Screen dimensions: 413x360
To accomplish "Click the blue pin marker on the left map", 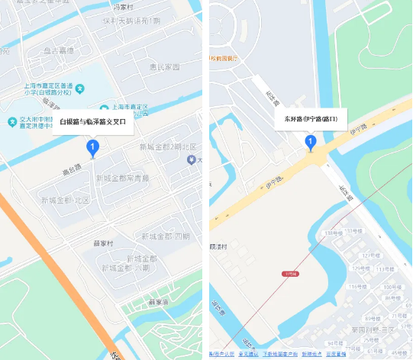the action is click(x=93, y=148).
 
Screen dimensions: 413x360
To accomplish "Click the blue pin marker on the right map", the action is click(x=311, y=142).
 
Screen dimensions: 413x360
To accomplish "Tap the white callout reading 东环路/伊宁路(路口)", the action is click(x=310, y=120).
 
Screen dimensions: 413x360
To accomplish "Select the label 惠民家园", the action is click(x=165, y=67).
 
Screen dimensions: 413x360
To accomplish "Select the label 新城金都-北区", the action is click(x=65, y=200).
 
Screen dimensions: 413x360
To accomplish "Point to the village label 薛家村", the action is click(x=103, y=244).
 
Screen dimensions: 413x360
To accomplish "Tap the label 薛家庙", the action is click(x=159, y=302).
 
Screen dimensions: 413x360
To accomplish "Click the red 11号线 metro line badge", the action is click(x=290, y=273).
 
